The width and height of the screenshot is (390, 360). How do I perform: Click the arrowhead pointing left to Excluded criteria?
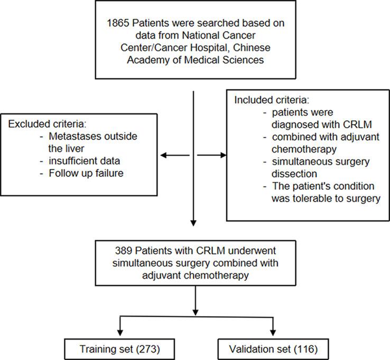163,155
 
